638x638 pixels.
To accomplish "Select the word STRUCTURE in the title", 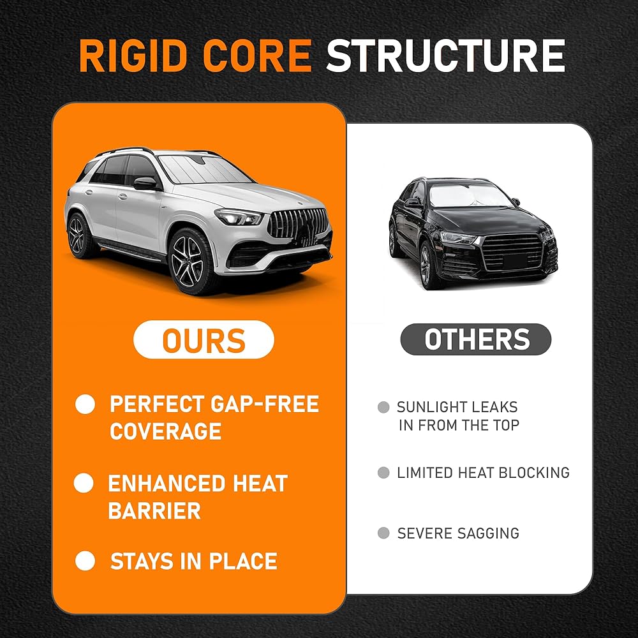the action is coord(445,56).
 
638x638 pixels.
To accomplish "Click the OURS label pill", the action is coord(204,339).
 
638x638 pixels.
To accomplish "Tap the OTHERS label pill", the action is coord(476,339).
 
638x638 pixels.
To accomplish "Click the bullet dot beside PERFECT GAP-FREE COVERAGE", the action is coord(85,404).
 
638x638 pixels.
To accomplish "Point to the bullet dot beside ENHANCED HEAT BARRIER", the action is coord(84,483).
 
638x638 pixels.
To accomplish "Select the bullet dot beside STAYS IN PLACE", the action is coord(85,561).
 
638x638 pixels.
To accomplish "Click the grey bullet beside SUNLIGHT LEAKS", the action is coord(383,407).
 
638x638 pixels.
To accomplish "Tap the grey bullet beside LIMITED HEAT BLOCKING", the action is coord(383,472).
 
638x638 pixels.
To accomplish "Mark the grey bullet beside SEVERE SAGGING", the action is coord(383,533).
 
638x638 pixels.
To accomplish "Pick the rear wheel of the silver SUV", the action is coord(78,235).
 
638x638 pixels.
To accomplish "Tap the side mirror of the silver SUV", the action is coord(145,183).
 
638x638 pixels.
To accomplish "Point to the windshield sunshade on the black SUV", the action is coord(470,195).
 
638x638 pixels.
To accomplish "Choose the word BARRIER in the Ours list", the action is coord(154,510).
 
